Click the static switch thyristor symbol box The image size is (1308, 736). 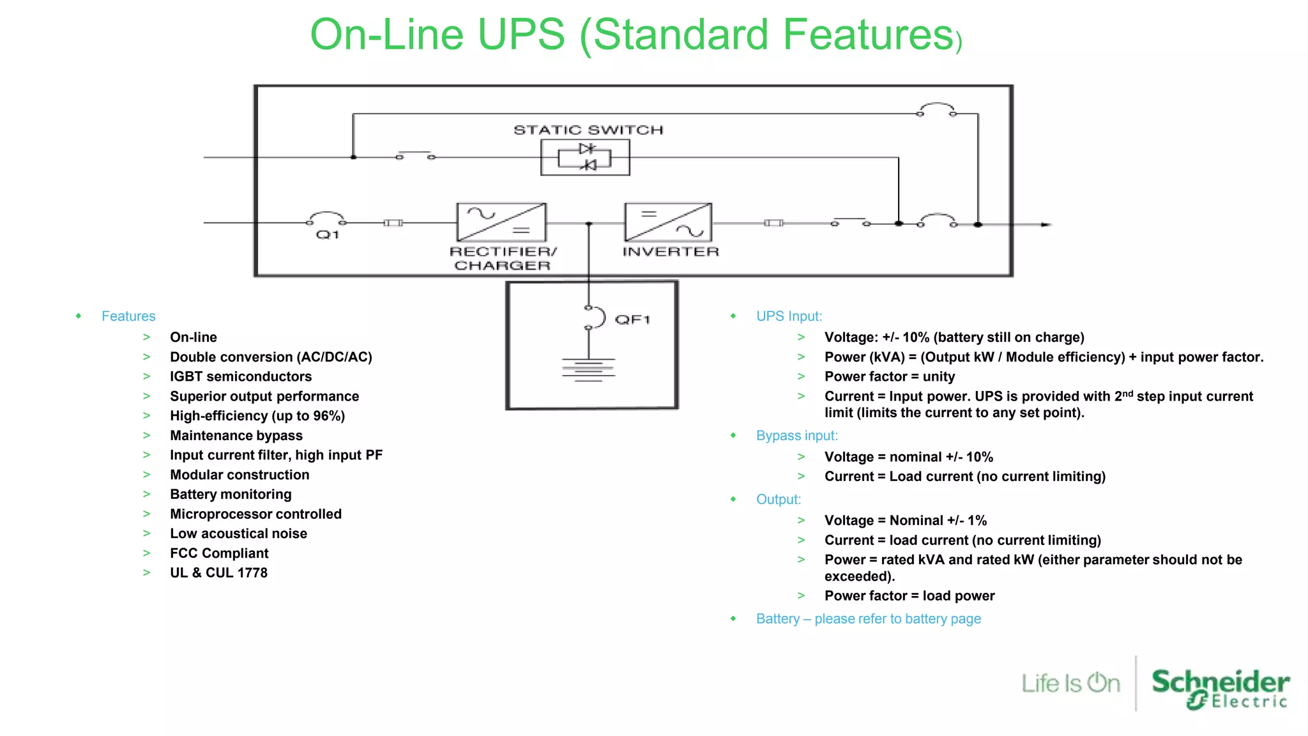pos(585,157)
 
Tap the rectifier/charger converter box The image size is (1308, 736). pos(501,222)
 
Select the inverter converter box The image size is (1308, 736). pos(668,222)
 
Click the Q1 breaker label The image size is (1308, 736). pos(328,235)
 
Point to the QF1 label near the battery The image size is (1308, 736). pos(632,319)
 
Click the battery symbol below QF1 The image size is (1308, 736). pos(588,370)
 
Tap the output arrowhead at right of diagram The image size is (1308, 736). pos(1046,224)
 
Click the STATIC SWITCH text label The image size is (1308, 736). pos(588,130)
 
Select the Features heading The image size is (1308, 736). pos(128,316)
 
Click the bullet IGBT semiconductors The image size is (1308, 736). pos(241,377)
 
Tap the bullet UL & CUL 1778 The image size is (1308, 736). pos(218,573)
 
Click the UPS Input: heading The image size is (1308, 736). pos(789,316)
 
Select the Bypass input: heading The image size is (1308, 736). pos(796,436)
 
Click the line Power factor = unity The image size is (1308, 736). pos(889,377)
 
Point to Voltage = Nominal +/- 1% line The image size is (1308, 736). pos(905,521)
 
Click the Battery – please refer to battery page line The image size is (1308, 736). pos(868,619)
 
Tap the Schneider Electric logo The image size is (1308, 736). pos(1220,688)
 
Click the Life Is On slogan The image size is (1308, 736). pos(1070,684)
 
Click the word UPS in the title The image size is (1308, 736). pos(521,34)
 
